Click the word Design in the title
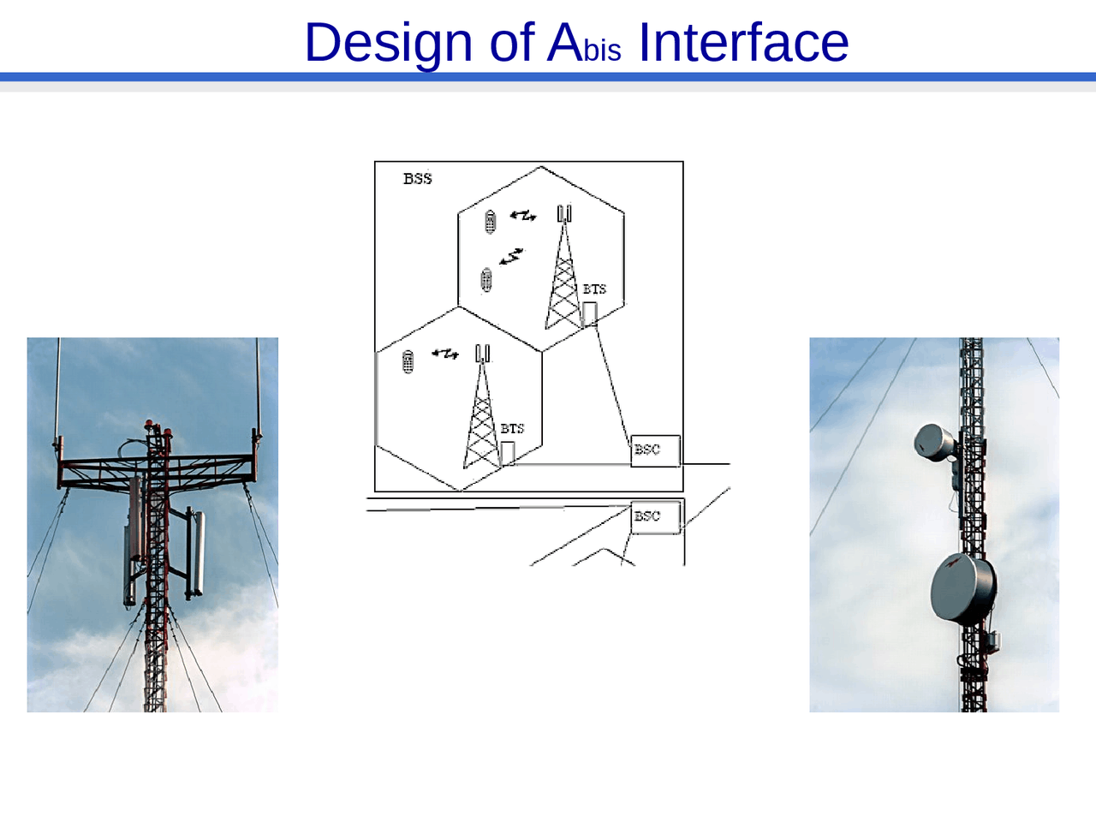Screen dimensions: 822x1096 click(388, 43)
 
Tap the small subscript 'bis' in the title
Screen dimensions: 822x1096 click(602, 51)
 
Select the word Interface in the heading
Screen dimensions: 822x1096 click(743, 43)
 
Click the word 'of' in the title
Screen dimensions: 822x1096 click(511, 43)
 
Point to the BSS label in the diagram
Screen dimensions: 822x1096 click(418, 179)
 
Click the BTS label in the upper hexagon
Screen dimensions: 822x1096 click(594, 289)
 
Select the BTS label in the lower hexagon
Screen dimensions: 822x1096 click(512, 428)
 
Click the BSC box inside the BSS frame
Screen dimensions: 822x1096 click(655, 450)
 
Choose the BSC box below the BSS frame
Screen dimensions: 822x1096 click(655, 517)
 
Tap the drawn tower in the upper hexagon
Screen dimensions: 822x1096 click(563, 274)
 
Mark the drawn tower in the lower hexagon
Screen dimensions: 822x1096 click(482, 415)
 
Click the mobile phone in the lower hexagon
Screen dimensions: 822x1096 click(408, 361)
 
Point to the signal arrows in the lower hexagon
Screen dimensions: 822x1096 click(445, 353)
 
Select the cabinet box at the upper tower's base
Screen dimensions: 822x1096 click(589, 314)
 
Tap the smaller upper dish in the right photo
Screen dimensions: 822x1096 click(934, 441)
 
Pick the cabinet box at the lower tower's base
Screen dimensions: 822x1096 click(508, 453)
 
